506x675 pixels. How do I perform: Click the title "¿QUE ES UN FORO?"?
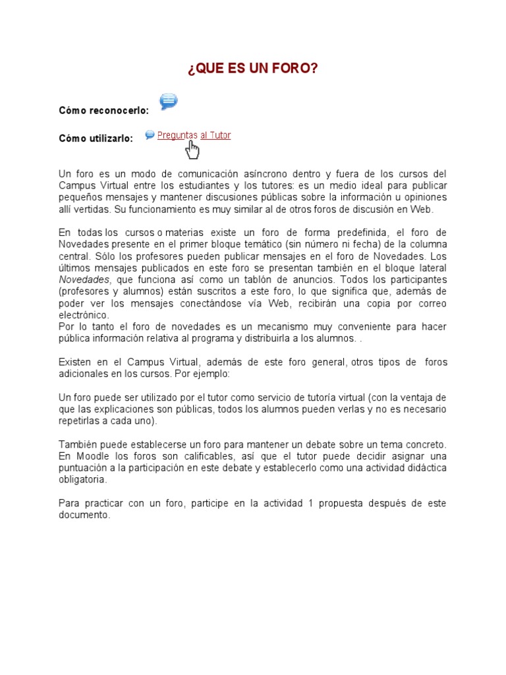tap(252, 69)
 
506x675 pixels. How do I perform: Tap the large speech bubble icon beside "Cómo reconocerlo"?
tap(169, 101)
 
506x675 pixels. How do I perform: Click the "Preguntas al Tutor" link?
tap(194, 135)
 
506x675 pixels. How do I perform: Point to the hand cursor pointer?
tap(192, 150)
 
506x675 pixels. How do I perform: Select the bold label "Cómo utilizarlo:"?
tap(96, 138)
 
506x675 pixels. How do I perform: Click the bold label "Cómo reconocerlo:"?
tap(103, 111)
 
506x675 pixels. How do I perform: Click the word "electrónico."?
tap(84, 315)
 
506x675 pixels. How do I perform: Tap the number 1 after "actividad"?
tap(310, 504)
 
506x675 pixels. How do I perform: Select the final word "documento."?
tap(84, 515)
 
